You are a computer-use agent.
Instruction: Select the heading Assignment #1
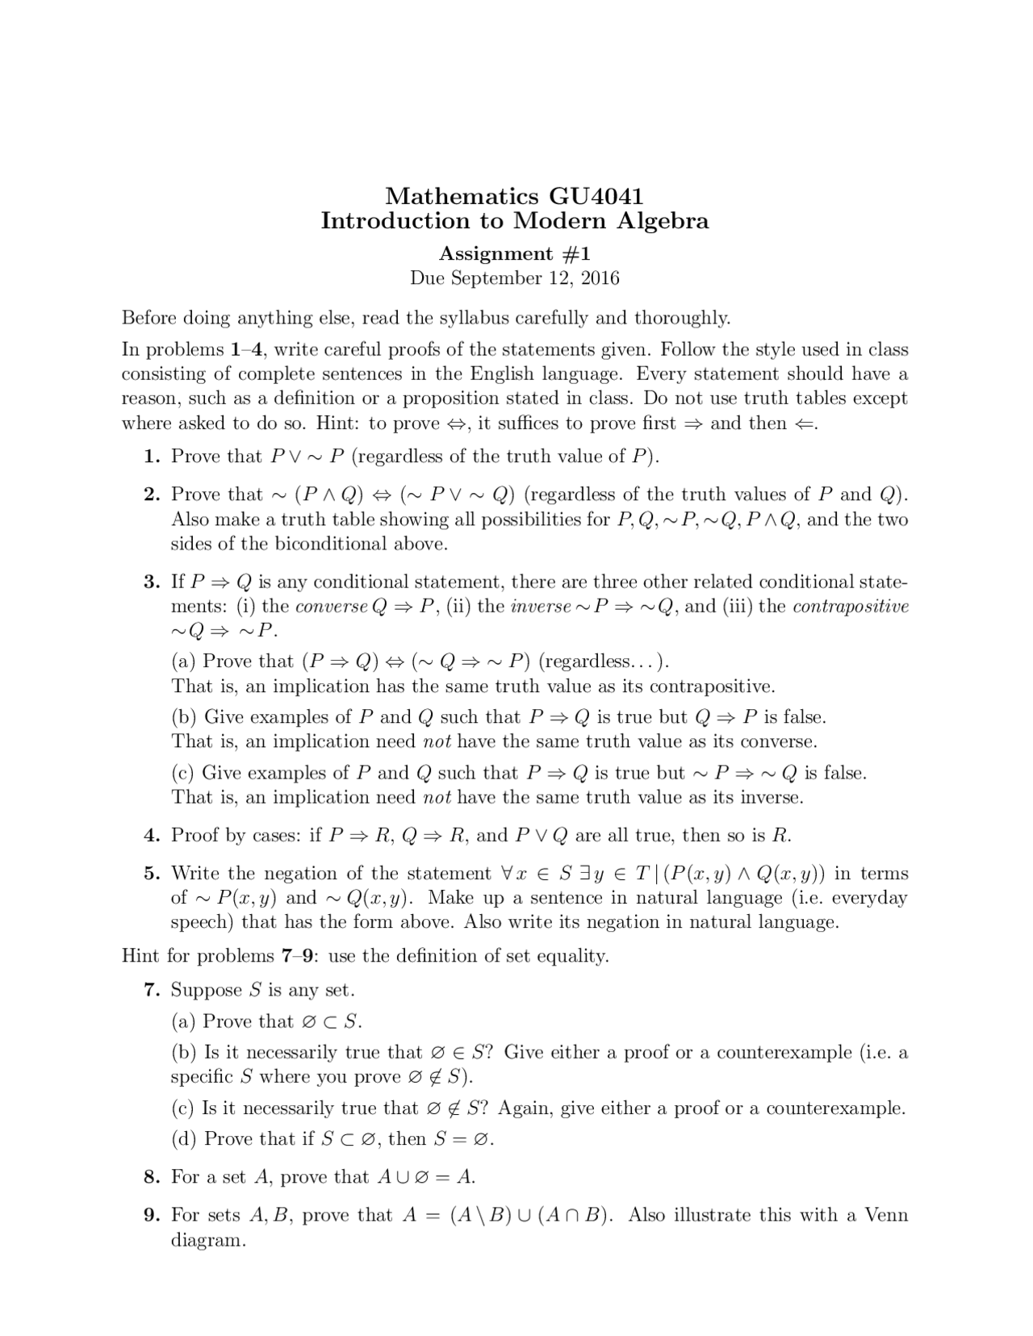(514, 253)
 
